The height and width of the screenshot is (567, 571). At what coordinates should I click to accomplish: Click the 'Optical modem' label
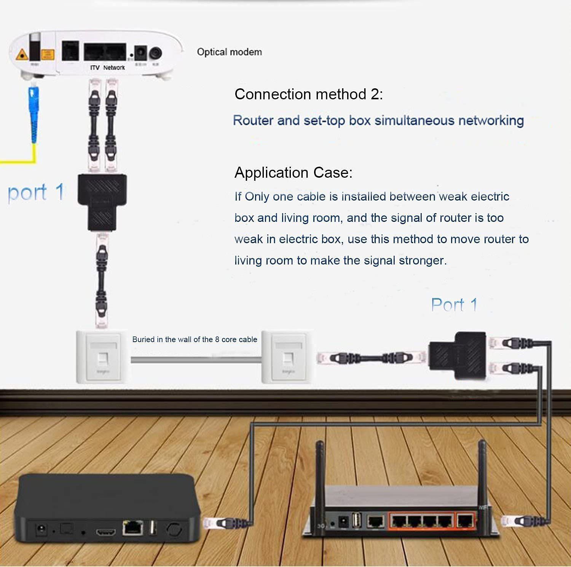point(229,52)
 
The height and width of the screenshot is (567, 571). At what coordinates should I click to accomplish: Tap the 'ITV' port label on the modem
point(95,68)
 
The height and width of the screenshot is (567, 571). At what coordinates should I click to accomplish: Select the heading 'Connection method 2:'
point(308,94)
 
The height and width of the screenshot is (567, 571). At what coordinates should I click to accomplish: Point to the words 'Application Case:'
point(293,172)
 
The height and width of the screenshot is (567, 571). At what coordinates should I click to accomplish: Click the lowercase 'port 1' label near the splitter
point(36,192)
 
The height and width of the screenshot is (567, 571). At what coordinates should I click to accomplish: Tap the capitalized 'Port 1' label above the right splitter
point(454,305)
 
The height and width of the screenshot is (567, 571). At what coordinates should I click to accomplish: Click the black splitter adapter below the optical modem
point(102,202)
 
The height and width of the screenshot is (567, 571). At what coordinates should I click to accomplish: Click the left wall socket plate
point(102,357)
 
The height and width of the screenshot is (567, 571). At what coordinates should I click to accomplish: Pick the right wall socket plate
point(288,357)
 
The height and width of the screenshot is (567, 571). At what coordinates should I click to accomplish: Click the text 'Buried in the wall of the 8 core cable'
point(195,339)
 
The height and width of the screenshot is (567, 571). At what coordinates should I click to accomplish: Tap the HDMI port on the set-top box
point(105,532)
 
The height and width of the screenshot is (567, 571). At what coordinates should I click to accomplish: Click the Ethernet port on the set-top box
point(132,528)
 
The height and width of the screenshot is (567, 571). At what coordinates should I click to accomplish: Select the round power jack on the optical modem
point(156,53)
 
